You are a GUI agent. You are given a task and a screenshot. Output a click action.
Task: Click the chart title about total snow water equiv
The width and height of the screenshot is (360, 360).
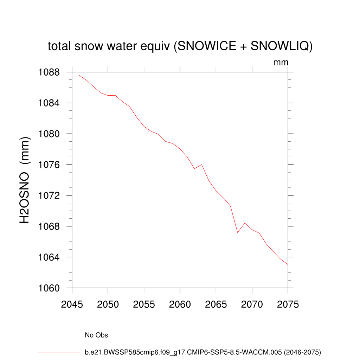tap(180, 46)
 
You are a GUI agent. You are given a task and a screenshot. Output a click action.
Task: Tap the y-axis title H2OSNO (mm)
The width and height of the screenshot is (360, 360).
tap(25, 180)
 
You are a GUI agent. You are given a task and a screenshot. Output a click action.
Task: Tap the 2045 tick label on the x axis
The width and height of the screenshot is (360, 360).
tap(72, 304)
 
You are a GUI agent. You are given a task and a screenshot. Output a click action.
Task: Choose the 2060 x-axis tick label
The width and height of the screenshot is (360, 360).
tap(180, 304)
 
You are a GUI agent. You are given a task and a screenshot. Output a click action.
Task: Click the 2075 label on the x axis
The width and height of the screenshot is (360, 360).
tap(288, 304)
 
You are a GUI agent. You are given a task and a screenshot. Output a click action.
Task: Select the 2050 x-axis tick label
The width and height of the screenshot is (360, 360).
tap(108, 304)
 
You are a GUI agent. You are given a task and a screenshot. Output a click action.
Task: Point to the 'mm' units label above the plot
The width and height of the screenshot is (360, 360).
tap(281, 63)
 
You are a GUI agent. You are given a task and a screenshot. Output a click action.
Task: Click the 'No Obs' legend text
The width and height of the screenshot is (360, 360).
tap(96, 335)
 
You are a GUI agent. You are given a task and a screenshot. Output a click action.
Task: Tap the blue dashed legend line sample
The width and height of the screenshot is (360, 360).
tap(57, 335)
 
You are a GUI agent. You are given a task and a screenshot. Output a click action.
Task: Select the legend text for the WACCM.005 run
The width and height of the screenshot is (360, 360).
tap(203, 352)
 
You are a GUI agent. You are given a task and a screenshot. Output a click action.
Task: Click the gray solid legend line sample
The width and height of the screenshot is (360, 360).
tap(59, 352)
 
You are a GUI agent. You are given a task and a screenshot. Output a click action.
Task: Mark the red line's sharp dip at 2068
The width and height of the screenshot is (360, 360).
tap(238, 232)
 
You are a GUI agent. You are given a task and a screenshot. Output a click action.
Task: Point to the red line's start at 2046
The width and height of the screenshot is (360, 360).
tap(79, 75)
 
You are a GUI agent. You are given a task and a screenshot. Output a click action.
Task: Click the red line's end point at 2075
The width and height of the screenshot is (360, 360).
tap(288, 264)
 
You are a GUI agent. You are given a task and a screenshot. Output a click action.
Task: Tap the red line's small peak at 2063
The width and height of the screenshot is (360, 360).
tap(201, 165)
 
